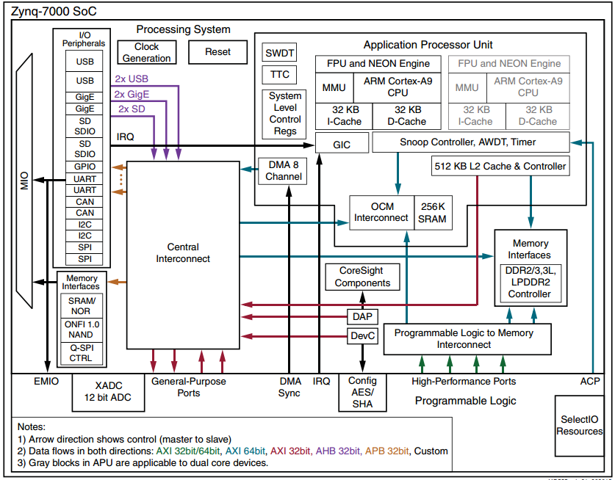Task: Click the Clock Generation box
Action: [147, 52]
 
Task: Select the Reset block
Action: [217, 52]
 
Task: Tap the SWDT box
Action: [279, 53]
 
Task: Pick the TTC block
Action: [279, 74]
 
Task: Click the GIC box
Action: [342, 145]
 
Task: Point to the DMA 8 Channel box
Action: [284, 171]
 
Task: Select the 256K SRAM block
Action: [432, 213]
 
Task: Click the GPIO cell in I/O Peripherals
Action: [85, 167]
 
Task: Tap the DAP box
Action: [362, 317]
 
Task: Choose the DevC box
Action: [362, 336]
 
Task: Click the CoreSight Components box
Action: [362, 277]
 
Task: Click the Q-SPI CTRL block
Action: [81, 353]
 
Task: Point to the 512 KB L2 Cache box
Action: [500, 167]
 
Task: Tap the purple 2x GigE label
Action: [131, 94]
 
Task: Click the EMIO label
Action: [46, 381]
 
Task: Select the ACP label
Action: [590, 381]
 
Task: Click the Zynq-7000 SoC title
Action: [49, 11]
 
